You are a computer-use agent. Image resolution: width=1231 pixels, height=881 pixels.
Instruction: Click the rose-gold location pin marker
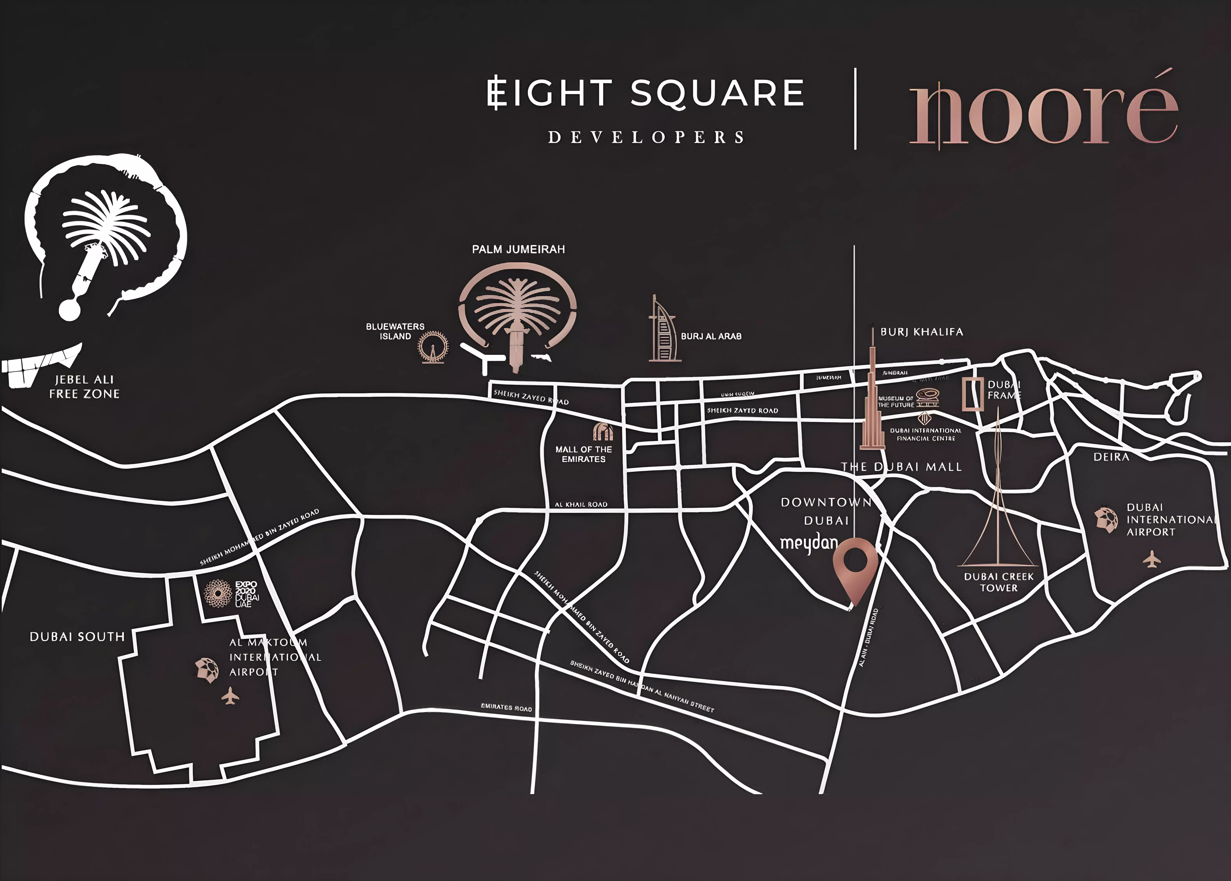[855, 564]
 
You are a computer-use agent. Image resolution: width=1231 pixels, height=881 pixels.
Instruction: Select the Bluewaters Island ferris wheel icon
[433, 347]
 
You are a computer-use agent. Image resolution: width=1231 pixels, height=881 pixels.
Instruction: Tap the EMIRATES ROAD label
[506, 707]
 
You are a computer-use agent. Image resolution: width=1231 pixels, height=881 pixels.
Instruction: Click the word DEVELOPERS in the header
[646, 137]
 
